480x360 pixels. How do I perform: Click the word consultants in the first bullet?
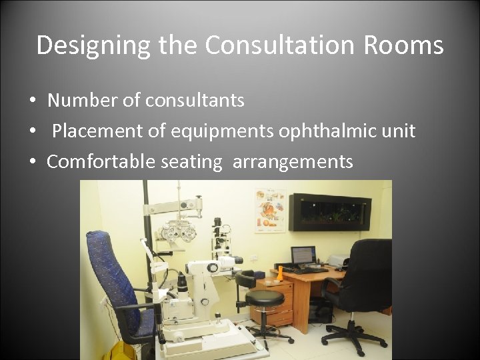click(195, 101)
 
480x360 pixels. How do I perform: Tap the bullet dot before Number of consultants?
click(31, 101)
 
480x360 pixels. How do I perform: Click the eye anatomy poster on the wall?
click(270, 211)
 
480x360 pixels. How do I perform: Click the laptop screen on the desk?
click(303, 255)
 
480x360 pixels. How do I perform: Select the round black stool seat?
click(265, 297)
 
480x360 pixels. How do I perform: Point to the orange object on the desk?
click(280, 273)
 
